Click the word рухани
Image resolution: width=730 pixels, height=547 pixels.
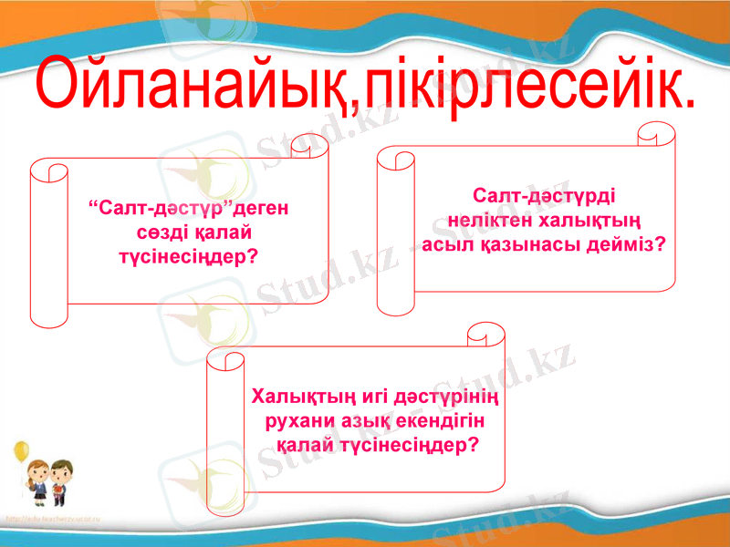297,422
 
